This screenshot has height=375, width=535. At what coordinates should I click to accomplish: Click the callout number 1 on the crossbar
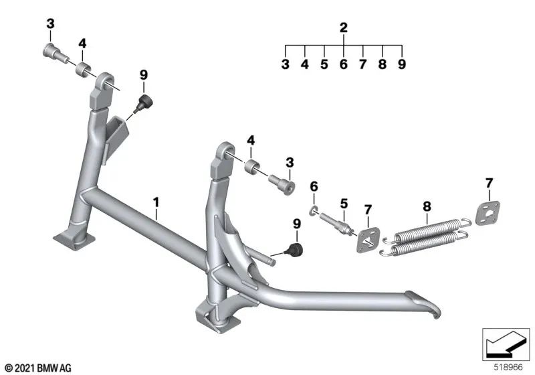tap(156, 200)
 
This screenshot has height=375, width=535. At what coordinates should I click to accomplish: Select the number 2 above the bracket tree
tap(344, 28)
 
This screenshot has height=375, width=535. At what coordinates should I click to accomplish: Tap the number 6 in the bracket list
tap(344, 65)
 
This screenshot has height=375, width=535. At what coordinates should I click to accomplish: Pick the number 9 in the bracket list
tap(402, 65)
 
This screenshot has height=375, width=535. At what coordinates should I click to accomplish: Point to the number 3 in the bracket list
tap(286, 65)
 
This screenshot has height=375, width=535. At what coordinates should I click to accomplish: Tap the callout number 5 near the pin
tap(344, 203)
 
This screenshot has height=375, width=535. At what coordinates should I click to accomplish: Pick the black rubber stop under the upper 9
tap(142, 102)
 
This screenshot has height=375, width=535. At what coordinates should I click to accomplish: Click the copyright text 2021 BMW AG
tap(37, 368)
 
